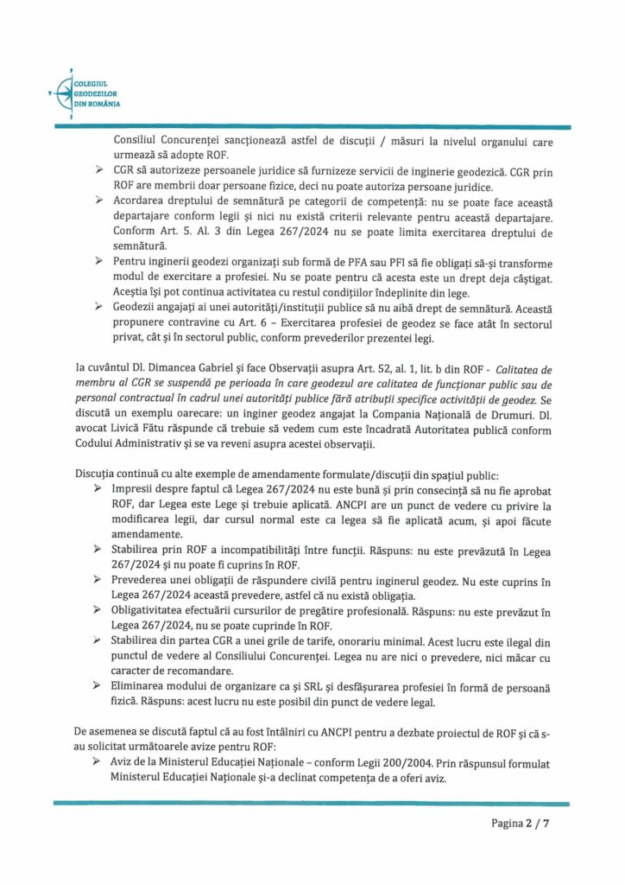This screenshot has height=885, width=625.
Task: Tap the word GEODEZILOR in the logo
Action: (x=96, y=93)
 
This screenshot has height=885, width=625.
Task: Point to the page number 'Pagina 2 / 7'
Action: (x=520, y=823)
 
